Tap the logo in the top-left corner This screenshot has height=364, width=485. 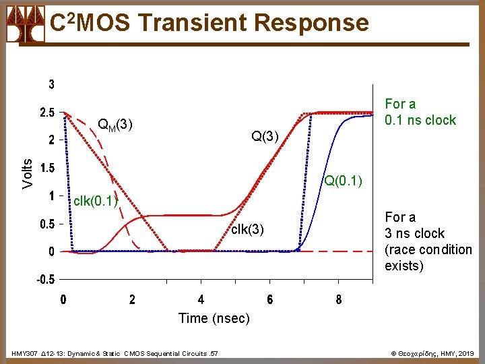coord(25,24)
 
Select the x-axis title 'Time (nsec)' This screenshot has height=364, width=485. coord(214,318)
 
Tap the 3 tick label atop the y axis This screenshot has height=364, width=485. coord(51,85)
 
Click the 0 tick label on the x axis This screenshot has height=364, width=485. coord(63,300)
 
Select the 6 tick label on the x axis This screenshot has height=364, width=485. coord(269,300)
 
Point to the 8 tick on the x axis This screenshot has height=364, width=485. coord(338,300)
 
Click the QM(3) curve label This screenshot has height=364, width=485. coord(115,125)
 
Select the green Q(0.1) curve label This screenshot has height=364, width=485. coord(344,181)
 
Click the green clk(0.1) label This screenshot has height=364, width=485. coord(96,201)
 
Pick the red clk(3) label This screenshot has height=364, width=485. coord(247,229)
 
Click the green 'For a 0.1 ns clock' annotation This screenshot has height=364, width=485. coord(420,112)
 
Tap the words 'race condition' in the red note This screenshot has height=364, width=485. coord(428,249)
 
